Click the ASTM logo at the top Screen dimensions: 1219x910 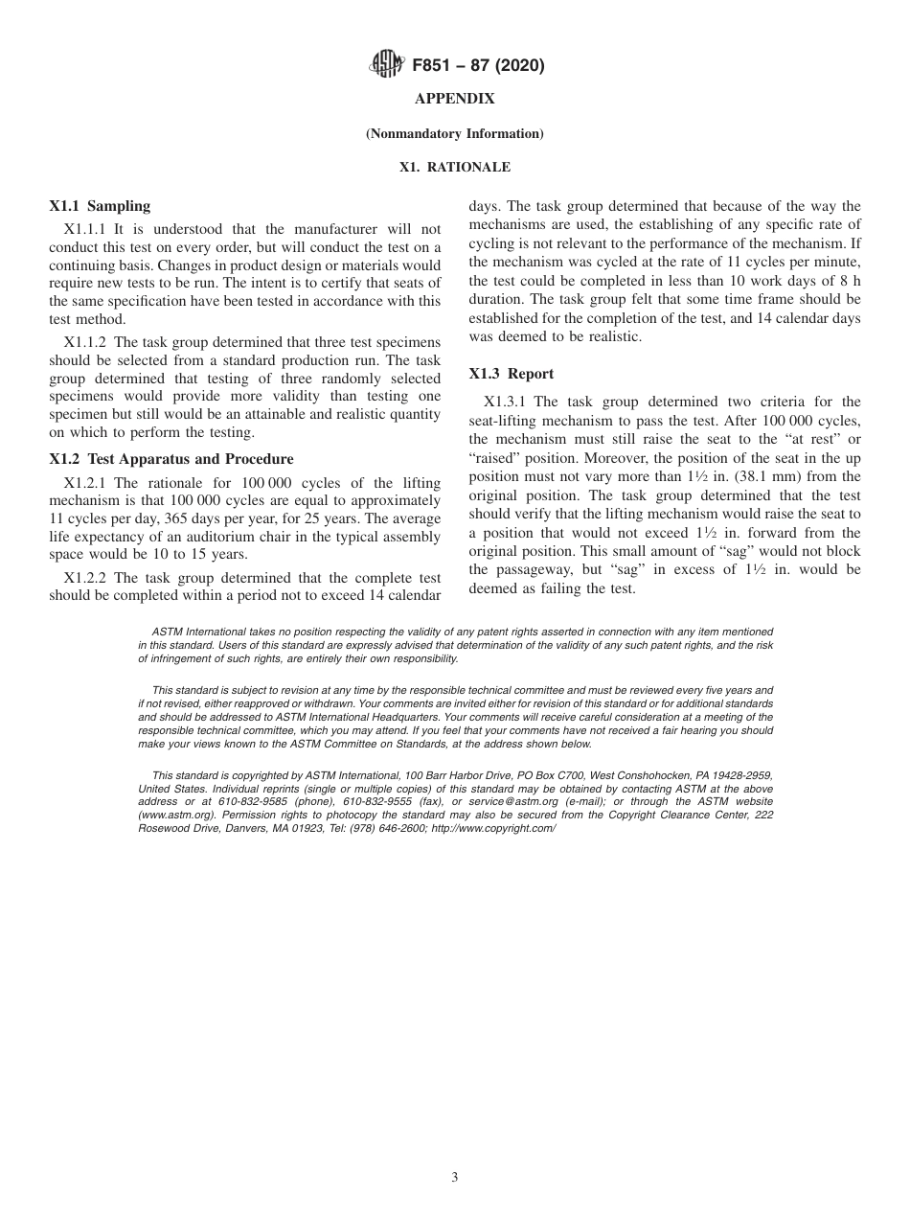click(385, 66)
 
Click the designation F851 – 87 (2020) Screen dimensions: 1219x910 click(478, 66)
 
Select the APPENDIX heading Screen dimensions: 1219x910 click(454, 99)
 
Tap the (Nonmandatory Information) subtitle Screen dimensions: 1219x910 click(454, 133)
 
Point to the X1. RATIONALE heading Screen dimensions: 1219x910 click(454, 167)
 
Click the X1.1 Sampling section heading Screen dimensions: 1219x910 click(100, 205)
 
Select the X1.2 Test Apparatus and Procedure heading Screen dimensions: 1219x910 click(171, 458)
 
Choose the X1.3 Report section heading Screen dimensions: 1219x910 click(512, 374)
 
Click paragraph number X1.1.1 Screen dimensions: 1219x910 click(87, 229)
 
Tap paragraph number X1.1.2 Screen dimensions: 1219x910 click(87, 342)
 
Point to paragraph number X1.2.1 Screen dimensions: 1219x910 click(87, 483)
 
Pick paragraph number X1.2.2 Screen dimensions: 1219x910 click(87, 577)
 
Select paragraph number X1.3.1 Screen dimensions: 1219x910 click(507, 402)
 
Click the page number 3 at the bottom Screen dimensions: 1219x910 click(455, 1178)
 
